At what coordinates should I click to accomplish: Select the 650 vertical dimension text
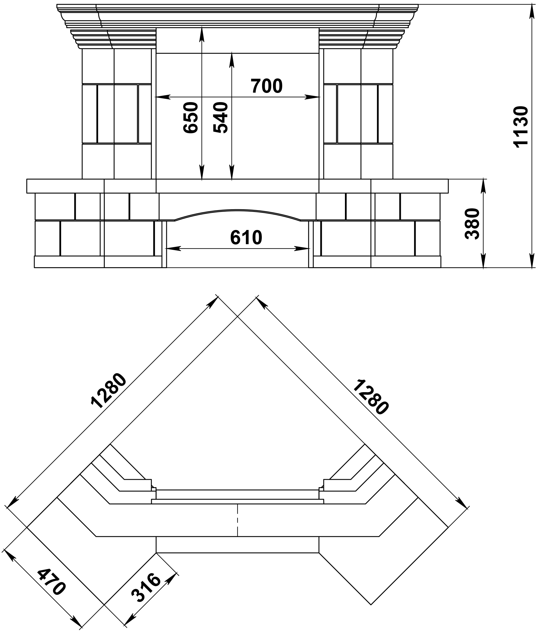click(191, 118)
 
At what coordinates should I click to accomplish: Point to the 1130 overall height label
click(521, 127)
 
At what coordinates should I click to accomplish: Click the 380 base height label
click(472, 224)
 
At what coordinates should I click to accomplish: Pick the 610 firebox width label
click(246, 238)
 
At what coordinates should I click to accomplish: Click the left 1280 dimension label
click(109, 391)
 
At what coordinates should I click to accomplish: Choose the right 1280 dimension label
click(371, 397)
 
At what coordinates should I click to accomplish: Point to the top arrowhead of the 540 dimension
click(232, 60)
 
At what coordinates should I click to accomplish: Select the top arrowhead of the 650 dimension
click(202, 34)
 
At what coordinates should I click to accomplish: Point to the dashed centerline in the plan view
click(238, 520)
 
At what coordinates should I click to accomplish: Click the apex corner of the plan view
click(238, 316)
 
